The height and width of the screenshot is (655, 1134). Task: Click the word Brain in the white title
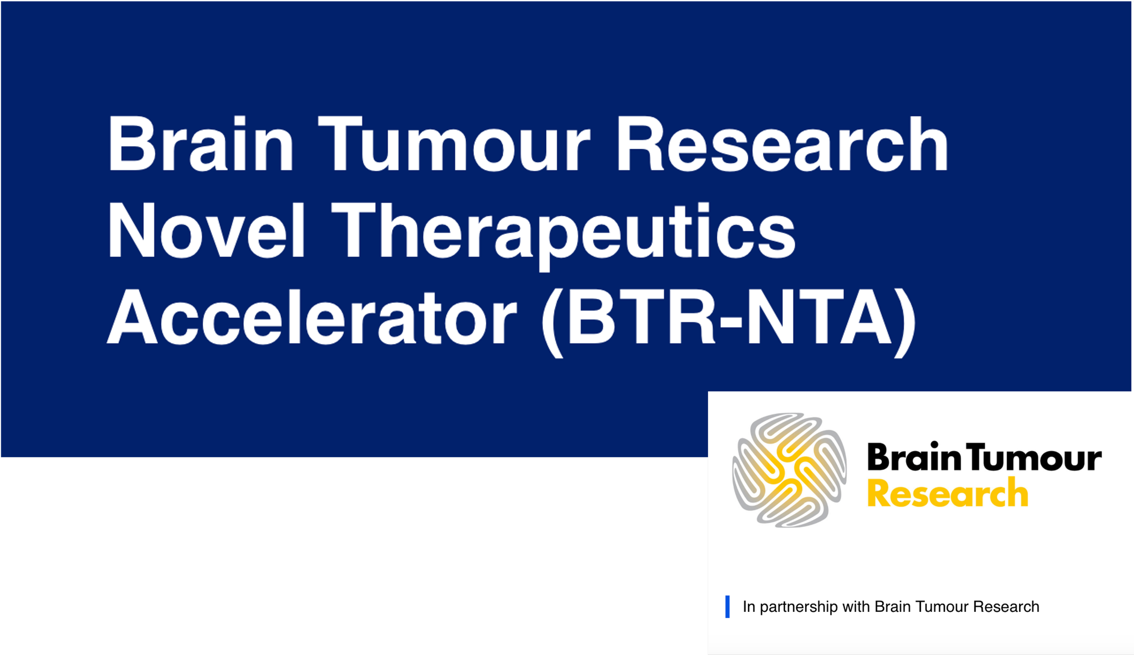[200, 144]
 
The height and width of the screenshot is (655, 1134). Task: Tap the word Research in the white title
[781, 144]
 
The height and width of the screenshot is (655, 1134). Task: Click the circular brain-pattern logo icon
[789, 470]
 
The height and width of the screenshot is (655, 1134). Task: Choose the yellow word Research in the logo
[948, 494]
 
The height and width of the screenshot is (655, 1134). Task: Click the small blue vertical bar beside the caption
[728, 607]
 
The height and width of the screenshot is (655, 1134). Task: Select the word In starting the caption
[749, 606]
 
